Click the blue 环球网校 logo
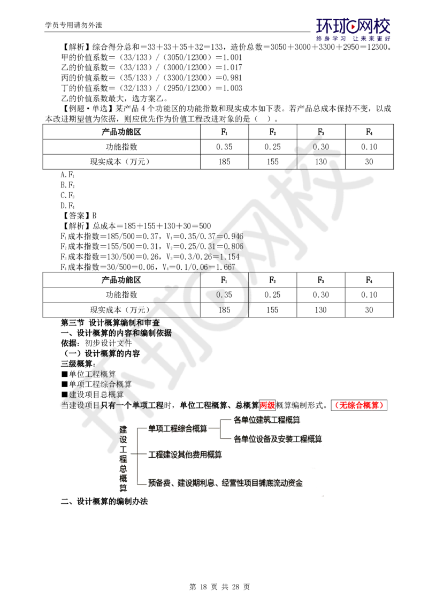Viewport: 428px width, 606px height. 353,29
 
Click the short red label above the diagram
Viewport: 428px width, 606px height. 267,405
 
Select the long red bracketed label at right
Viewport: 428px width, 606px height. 360,405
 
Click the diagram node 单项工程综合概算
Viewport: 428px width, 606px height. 177,428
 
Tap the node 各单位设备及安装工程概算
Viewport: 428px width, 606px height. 278,439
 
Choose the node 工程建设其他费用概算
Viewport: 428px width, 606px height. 184,454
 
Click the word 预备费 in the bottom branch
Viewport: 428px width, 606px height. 159,483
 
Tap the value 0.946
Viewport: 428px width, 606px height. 233,236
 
